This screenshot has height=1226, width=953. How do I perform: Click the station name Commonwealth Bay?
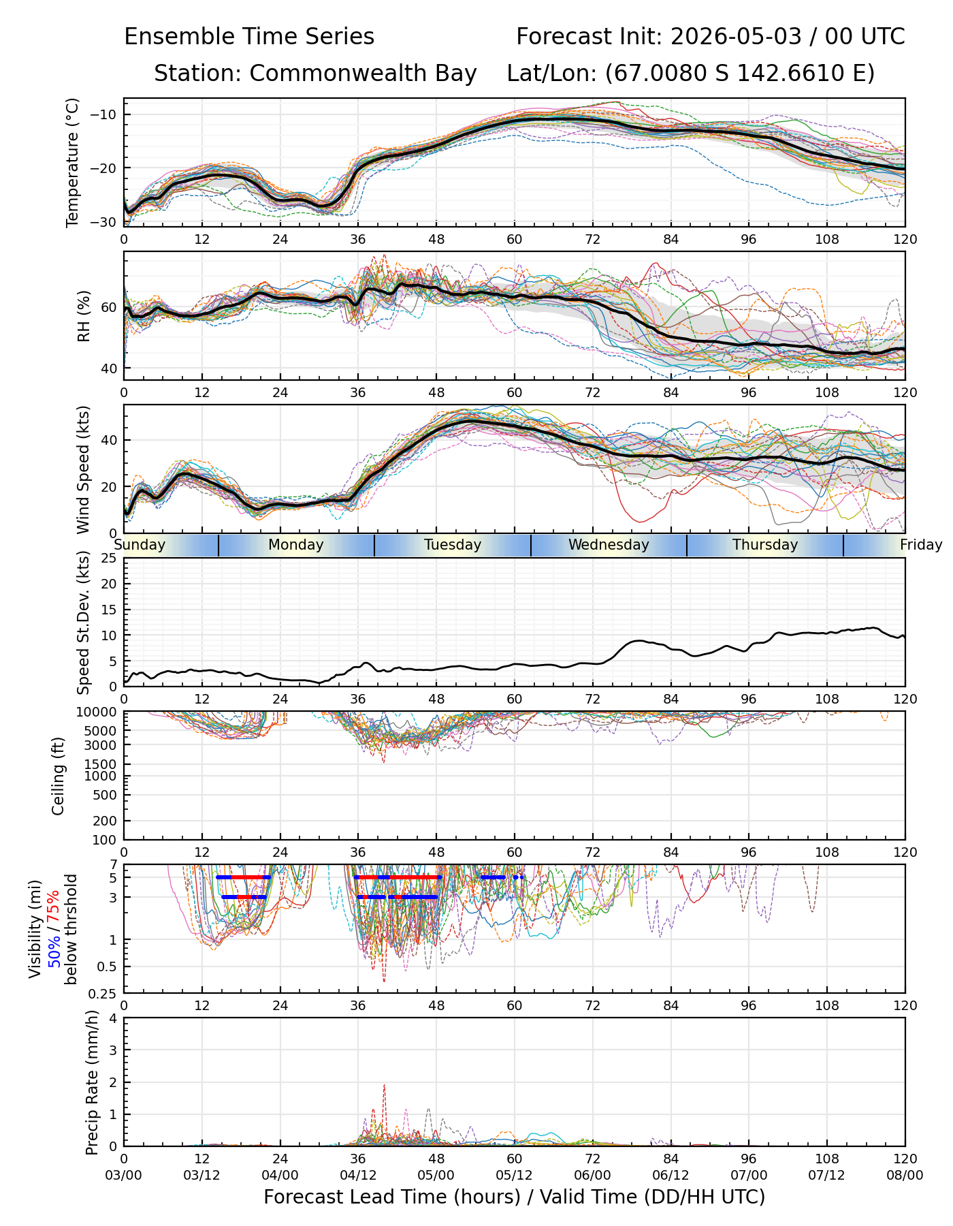click(364, 73)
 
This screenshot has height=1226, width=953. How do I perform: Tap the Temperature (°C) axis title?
click(73, 162)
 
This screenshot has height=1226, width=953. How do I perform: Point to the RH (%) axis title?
click(84, 316)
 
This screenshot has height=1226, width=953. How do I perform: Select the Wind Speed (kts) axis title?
click(83, 470)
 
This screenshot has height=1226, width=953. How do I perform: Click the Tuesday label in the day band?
click(453, 545)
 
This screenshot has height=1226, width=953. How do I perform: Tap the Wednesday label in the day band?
click(609, 545)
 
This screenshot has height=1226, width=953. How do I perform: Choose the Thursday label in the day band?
click(765, 545)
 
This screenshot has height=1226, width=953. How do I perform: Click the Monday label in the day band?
click(296, 545)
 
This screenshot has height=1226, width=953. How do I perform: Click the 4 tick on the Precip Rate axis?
click(113, 1019)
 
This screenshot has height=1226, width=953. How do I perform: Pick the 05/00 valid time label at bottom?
click(436, 1175)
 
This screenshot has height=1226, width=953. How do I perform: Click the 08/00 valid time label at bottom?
click(905, 1175)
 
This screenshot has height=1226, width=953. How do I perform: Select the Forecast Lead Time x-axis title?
click(514, 1197)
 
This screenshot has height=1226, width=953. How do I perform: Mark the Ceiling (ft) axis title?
click(59, 776)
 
